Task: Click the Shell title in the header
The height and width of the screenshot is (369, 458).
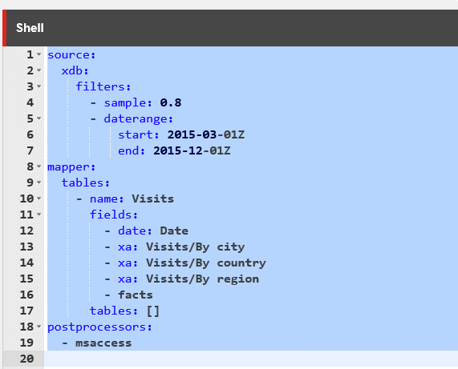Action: pyautogui.click(x=30, y=28)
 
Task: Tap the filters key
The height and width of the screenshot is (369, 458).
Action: pyautogui.click(x=101, y=86)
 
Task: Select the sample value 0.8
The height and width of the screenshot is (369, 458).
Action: pyautogui.click(x=171, y=102)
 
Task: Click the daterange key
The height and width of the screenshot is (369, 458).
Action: pyautogui.click(x=136, y=118)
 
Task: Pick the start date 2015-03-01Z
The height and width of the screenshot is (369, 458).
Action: pyautogui.click(x=206, y=134)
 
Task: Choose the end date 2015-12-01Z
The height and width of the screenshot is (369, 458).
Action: pyautogui.click(x=192, y=150)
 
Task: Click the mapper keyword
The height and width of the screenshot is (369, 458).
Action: pyautogui.click(x=70, y=167)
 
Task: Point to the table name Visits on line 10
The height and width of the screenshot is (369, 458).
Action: pyautogui.click(x=152, y=199)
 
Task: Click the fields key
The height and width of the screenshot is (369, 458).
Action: pyautogui.click(x=111, y=215)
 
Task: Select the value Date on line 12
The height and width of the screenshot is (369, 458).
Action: pyautogui.click(x=174, y=231)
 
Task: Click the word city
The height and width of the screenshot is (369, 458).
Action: pyautogui.click(x=231, y=247)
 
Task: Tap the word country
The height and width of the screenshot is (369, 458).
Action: pyautogui.click(x=241, y=263)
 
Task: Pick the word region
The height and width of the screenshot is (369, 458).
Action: pyautogui.click(x=238, y=279)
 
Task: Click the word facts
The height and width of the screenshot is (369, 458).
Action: pyautogui.click(x=136, y=295)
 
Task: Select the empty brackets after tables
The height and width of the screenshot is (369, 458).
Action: pyautogui.click(x=152, y=311)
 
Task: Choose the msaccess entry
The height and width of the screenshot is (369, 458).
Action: pyautogui.click(x=103, y=343)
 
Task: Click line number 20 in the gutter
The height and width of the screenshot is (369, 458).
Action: pyautogui.click(x=26, y=359)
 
